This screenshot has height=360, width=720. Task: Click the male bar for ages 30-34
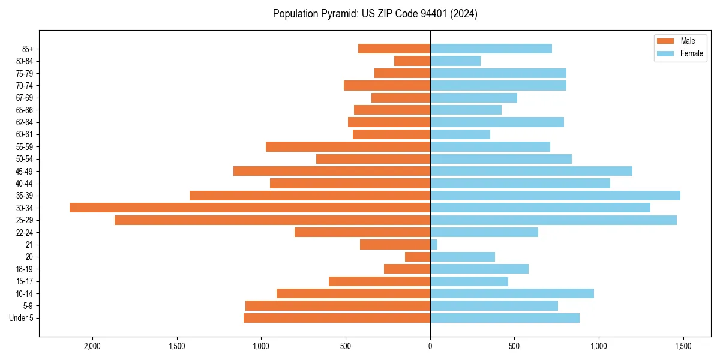click(x=250, y=208)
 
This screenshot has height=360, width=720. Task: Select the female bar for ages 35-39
click(x=555, y=196)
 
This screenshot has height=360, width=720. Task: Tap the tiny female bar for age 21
click(x=434, y=245)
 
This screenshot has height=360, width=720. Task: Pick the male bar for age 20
click(x=418, y=257)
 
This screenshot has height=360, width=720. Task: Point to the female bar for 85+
click(x=491, y=49)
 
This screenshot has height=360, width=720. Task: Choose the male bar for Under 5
click(x=337, y=318)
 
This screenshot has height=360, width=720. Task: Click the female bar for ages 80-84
click(x=455, y=61)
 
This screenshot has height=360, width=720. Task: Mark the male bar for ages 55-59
click(x=348, y=146)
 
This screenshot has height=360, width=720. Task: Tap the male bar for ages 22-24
click(x=362, y=232)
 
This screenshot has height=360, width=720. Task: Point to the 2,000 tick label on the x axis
click(x=92, y=347)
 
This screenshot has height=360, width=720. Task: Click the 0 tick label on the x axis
click(x=430, y=347)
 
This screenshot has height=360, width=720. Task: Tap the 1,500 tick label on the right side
click(x=683, y=347)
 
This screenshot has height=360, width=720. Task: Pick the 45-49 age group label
click(x=25, y=171)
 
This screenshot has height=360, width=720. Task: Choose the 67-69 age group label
click(x=25, y=98)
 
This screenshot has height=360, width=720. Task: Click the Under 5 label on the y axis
click(x=21, y=318)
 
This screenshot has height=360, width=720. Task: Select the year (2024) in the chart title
click(x=465, y=14)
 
